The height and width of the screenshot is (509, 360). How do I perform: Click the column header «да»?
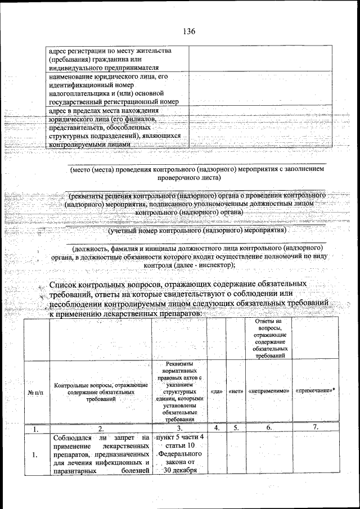click(x=217, y=390)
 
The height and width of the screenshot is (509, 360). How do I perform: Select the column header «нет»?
click(x=235, y=390)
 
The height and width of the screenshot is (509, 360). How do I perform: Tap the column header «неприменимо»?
click(x=268, y=390)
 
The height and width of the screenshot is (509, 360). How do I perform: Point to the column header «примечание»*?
click(x=315, y=390)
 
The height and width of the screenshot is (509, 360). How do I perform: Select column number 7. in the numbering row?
click(x=316, y=427)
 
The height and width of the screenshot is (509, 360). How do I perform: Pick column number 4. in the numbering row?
click(x=217, y=428)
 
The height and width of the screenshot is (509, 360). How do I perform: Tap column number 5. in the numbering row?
click(x=236, y=428)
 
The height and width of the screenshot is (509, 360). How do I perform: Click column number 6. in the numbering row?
click(x=269, y=428)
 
